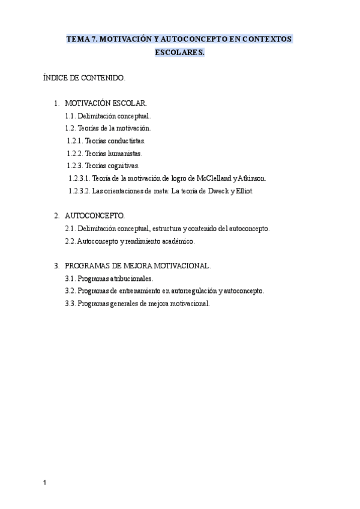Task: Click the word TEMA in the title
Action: pos(77,38)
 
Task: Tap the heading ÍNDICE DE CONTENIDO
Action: pos(84,77)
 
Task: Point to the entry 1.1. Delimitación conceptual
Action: pos(107,116)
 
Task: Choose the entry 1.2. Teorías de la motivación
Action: pos(107,128)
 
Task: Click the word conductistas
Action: pos(126,140)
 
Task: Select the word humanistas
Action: pos(124,153)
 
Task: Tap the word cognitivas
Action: pos(122,165)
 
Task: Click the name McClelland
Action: pos(210,178)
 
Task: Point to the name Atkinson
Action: pos(256,178)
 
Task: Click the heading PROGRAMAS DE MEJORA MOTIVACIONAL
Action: pos(137,265)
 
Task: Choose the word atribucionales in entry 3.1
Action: pos(131,279)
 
